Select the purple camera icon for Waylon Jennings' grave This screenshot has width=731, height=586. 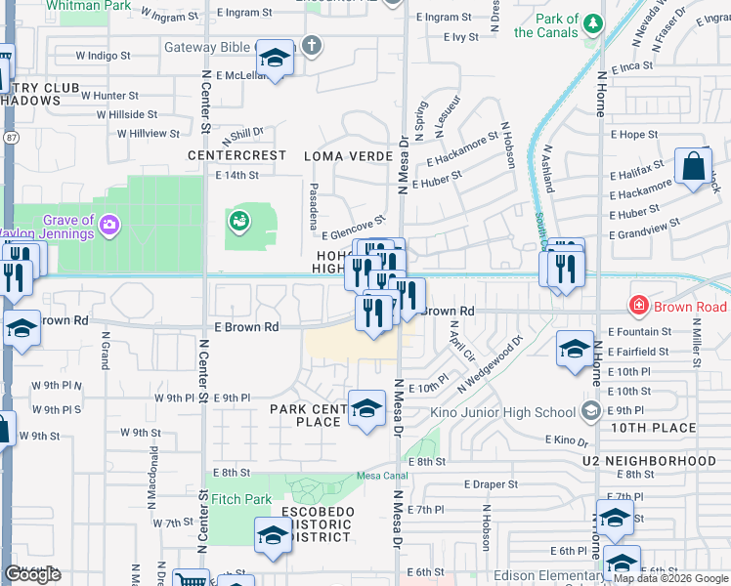coord(109,226)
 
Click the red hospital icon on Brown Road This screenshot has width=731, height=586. coord(639,307)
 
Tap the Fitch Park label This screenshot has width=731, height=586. coord(241,499)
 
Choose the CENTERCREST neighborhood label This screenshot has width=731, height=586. coord(236,155)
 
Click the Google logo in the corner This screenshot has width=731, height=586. coord(32,574)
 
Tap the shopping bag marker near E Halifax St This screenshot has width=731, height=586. coord(693,167)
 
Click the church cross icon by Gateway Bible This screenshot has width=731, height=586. coord(311,44)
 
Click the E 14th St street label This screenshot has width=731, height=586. coord(236,176)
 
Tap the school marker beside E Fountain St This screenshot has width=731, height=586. coord(575,349)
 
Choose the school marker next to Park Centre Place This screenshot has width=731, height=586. coord(366,409)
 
